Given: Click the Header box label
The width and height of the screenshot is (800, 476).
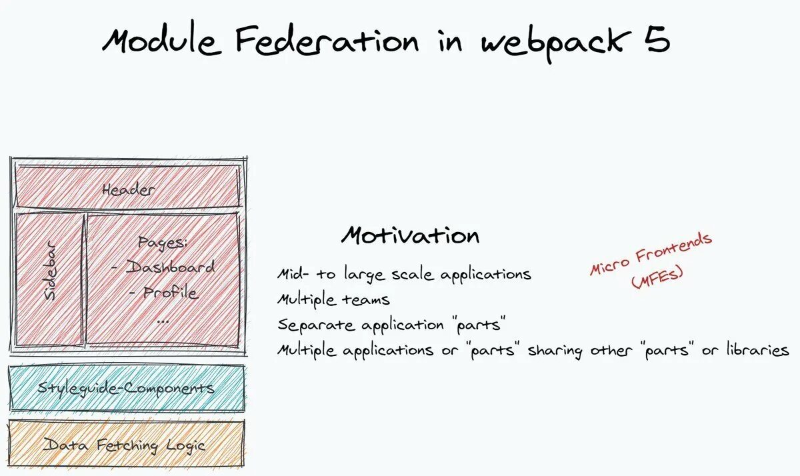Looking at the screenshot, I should [129, 189].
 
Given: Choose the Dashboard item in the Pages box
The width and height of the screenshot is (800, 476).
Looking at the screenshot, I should [170, 268].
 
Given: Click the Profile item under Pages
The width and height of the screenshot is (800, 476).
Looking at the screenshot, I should [170, 293].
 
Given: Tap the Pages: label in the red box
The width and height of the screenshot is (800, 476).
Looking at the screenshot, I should [164, 243].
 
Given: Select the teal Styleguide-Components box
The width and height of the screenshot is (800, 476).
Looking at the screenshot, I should [127, 388].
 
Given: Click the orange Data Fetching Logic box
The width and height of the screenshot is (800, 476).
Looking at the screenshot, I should [127, 445].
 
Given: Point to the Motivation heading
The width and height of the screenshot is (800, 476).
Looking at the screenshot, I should [411, 235].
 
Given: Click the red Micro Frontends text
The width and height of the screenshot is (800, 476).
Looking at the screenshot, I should [651, 254].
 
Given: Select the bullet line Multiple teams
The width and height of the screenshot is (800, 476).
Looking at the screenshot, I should [333, 300].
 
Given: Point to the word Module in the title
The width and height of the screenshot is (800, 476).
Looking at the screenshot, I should [159, 41].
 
